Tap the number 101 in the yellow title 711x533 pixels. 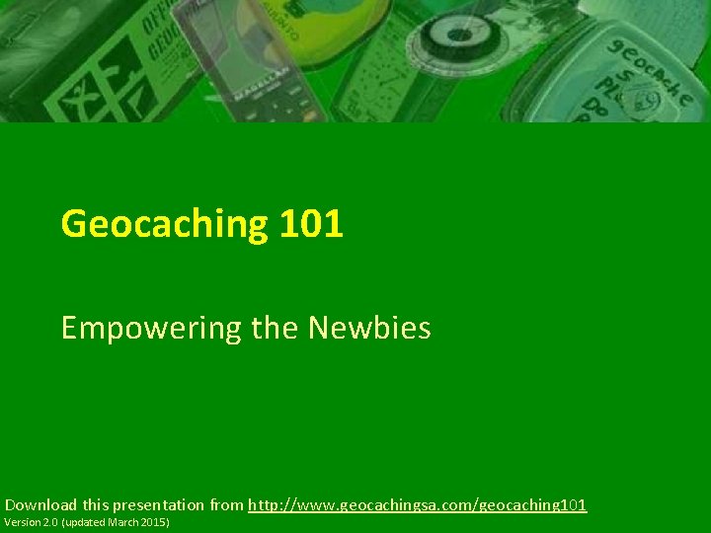click(311, 224)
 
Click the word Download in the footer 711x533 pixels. click(40, 504)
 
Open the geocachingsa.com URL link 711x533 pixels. click(417, 504)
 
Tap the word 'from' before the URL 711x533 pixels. click(226, 504)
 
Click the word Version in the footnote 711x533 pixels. click(22, 521)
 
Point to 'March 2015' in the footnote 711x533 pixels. click(136, 521)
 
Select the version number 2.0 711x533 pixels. click(48, 521)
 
